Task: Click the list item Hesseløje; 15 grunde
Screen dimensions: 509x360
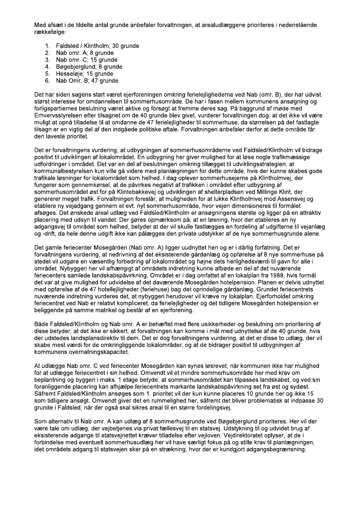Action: tap(84, 74)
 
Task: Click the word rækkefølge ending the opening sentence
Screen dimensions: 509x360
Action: tap(50, 32)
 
